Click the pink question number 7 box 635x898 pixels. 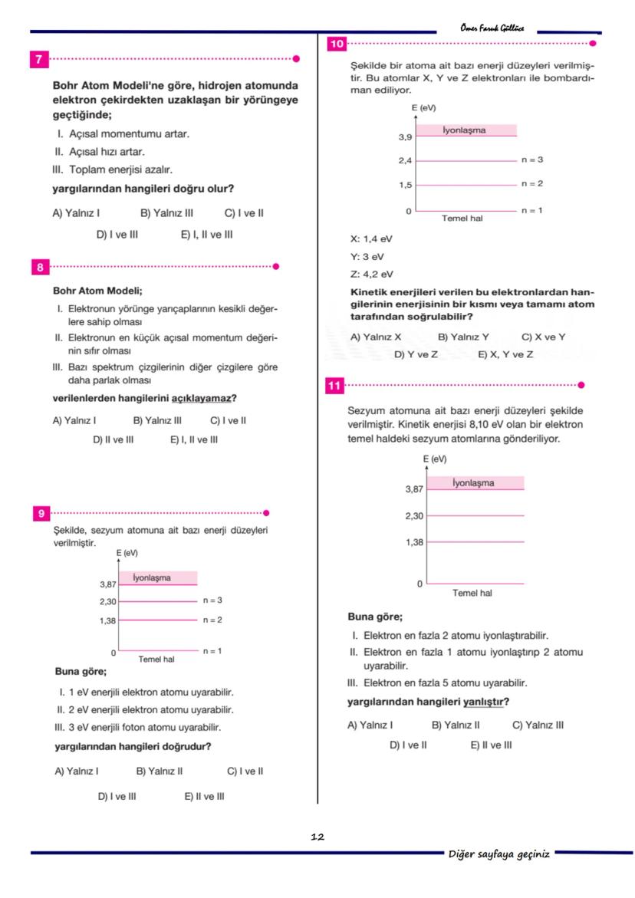(x=38, y=59)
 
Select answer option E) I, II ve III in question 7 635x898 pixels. (x=206, y=235)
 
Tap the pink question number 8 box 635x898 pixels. (x=38, y=267)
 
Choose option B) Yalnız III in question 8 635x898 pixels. (x=157, y=420)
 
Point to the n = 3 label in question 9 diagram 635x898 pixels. (x=212, y=600)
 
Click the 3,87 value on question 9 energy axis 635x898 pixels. (x=107, y=584)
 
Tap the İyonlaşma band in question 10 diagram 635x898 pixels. (x=465, y=130)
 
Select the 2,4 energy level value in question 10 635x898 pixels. (x=405, y=161)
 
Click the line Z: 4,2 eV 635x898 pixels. (x=372, y=274)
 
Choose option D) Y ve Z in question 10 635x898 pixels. (x=416, y=354)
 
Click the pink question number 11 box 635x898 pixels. (x=334, y=386)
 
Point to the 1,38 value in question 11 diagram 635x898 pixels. (x=414, y=542)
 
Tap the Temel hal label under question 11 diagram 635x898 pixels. (x=472, y=593)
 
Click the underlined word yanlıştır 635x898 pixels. (x=486, y=702)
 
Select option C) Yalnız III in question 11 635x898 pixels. (x=537, y=725)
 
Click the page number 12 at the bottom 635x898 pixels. (x=317, y=837)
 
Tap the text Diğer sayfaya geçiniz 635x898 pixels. (x=498, y=854)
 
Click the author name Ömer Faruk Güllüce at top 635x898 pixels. (x=492, y=28)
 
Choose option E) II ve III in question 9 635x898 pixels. (x=204, y=796)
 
